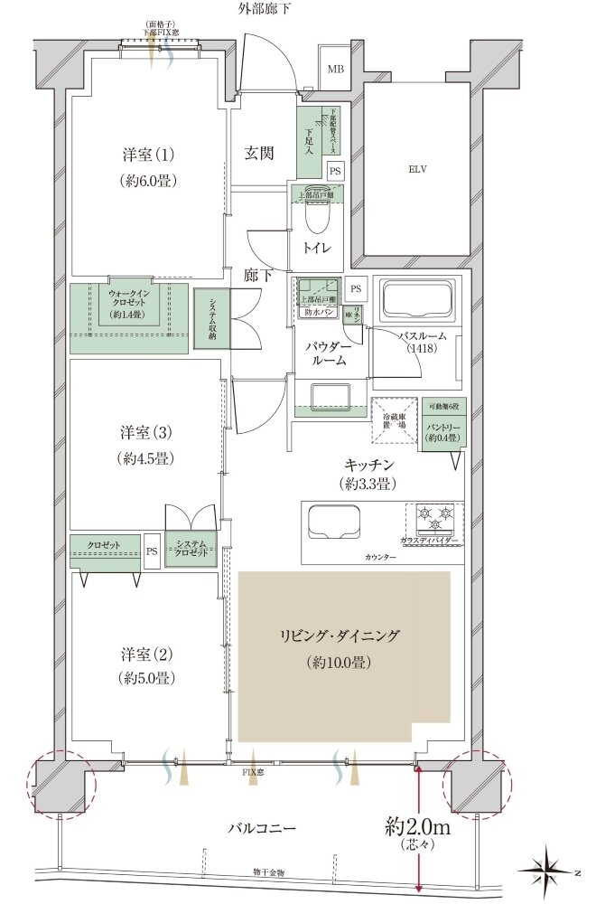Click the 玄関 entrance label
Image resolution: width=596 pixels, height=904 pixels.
262,154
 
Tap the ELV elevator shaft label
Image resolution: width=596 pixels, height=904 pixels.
416,169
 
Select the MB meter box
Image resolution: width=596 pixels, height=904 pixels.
335,69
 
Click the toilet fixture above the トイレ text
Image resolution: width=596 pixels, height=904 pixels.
317,218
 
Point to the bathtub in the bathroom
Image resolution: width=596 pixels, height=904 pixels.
416,299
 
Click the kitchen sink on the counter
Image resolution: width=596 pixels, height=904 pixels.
334,523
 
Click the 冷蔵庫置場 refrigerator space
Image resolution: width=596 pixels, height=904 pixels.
393,419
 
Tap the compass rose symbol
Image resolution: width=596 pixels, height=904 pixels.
550,871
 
